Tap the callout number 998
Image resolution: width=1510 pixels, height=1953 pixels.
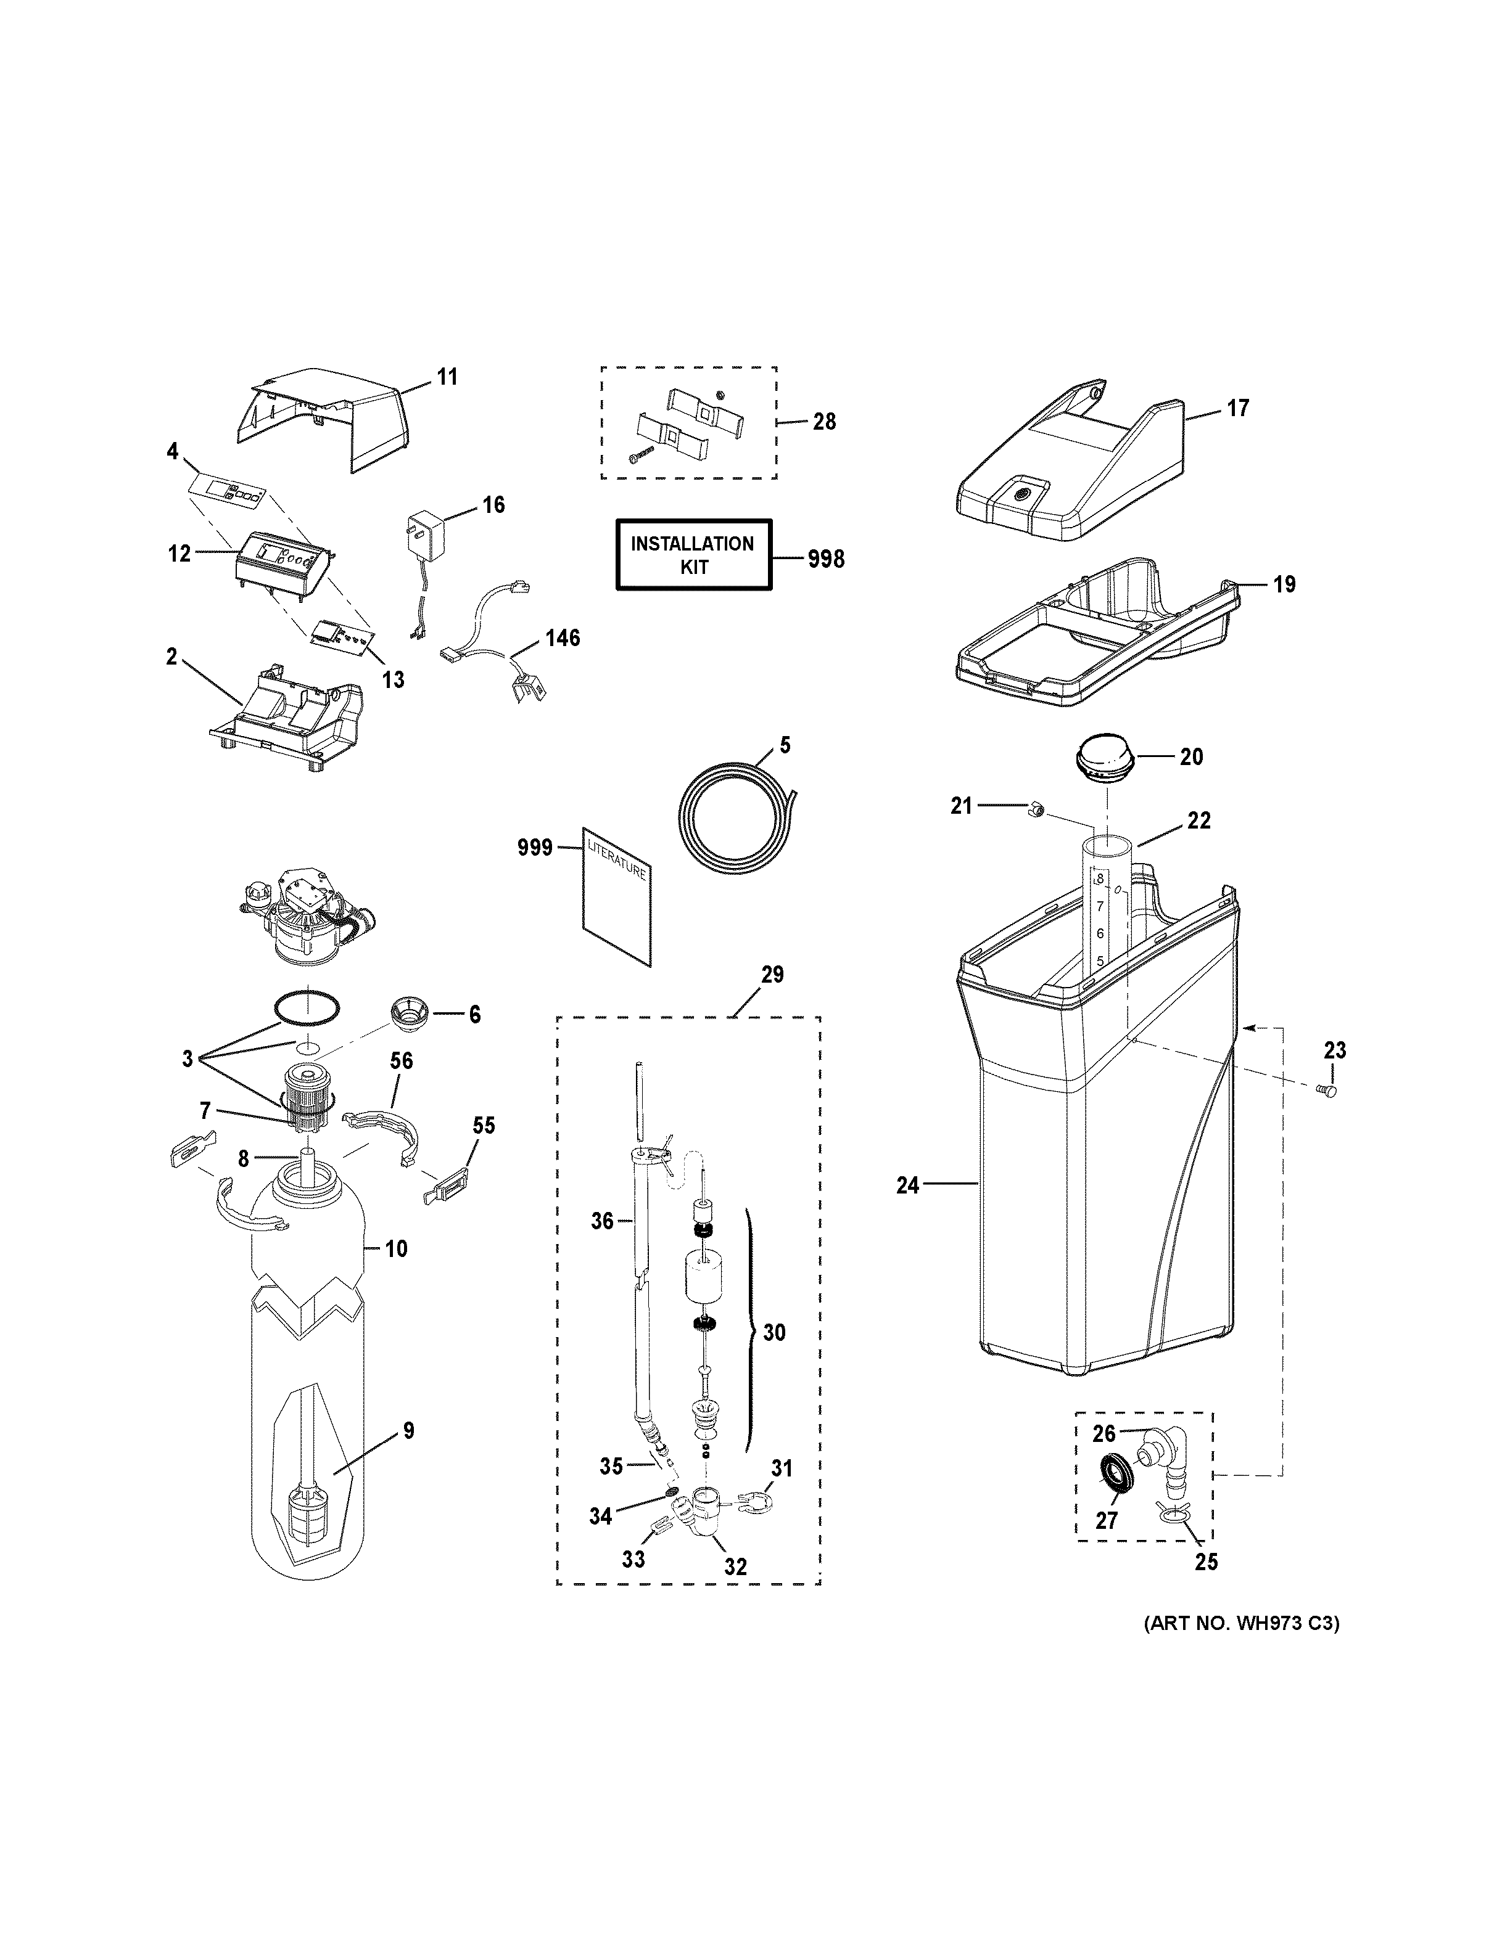(825, 559)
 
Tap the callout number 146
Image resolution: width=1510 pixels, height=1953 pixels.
(563, 637)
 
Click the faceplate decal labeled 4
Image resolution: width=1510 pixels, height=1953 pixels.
(228, 490)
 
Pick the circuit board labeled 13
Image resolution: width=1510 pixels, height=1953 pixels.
(341, 637)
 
